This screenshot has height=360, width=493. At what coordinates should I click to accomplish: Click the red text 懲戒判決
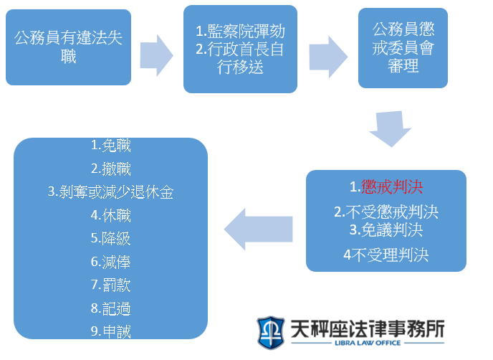(392, 187)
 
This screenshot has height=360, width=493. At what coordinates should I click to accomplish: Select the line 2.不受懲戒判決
(386, 212)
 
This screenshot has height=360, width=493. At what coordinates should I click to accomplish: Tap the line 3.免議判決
(386, 230)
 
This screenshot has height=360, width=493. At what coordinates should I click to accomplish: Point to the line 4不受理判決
(386, 255)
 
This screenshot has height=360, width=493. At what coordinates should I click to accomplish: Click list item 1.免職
(110, 146)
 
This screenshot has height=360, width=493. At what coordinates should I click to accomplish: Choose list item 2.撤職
(110, 169)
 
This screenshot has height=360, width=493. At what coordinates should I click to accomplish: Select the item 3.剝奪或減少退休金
(110, 192)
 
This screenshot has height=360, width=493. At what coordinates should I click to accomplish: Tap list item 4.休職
(110, 216)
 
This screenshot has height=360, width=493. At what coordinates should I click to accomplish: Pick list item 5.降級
(110, 239)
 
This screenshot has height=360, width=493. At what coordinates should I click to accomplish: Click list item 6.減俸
(110, 262)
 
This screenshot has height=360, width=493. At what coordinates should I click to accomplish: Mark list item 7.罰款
(110, 285)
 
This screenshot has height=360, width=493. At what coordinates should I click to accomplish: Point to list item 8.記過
(110, 308)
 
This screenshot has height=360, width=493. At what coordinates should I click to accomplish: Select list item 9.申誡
(110, 331)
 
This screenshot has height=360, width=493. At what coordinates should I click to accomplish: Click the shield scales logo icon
(271, 333)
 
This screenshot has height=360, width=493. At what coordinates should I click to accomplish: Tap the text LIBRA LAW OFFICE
(368, 343)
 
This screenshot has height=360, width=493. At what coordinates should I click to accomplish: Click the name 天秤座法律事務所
(368, 328)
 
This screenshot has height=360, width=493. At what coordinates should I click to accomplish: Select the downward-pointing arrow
(391, 129)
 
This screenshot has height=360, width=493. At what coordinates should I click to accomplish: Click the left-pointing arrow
(259, 229)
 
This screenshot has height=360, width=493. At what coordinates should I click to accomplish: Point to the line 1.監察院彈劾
(240, 31)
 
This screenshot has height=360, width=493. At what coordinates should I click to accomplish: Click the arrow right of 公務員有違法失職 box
(157, 55)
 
